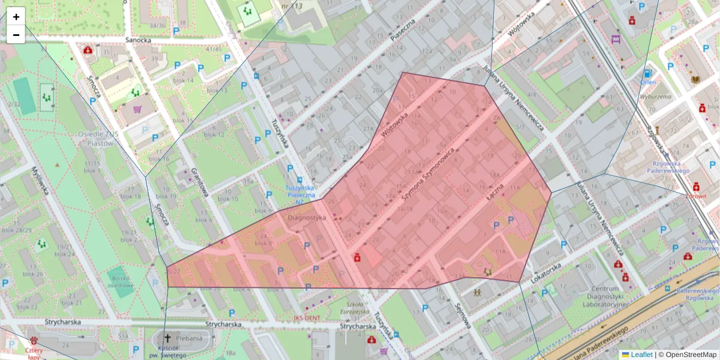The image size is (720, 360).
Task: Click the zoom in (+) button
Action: point(16,17)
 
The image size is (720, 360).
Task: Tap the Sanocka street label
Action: point(137,40)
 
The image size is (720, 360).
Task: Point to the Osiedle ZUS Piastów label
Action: point(95,139)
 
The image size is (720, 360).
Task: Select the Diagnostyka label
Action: point(307,218)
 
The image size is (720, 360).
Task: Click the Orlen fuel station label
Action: point(648,82)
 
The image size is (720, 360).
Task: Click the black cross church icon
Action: point(167,338)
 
